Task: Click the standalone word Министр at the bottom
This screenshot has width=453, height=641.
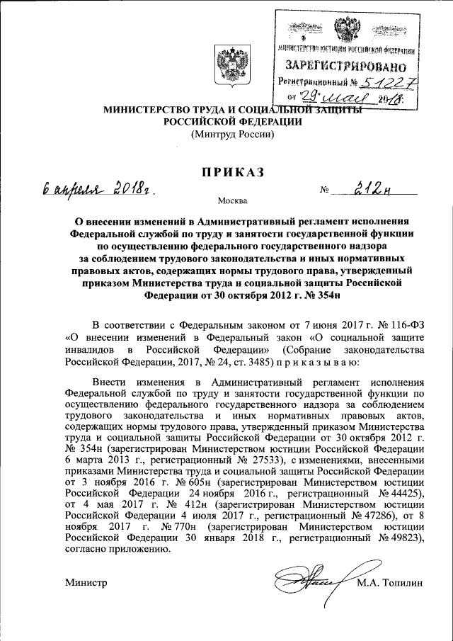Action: coord(85,582)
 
